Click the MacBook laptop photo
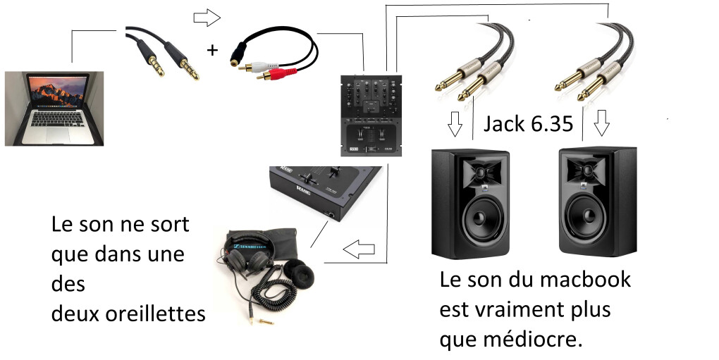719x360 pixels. tap(54, 108)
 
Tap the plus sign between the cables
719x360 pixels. tap(211, 50)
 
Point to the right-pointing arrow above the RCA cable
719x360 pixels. tap(207, 18)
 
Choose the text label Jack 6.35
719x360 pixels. tap(528, 124)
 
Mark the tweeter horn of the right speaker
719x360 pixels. tap(585, 170)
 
